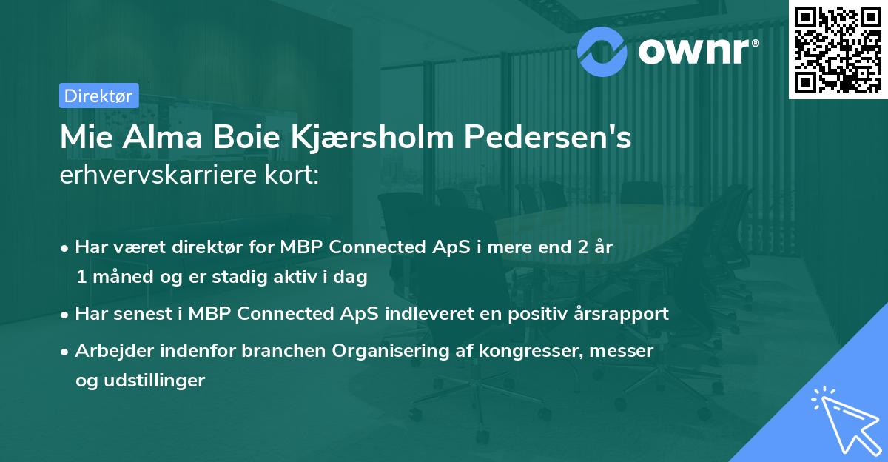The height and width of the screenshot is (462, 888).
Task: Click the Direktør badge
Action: pos(98,96)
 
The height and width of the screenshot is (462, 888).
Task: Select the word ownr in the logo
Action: pos(697,50)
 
